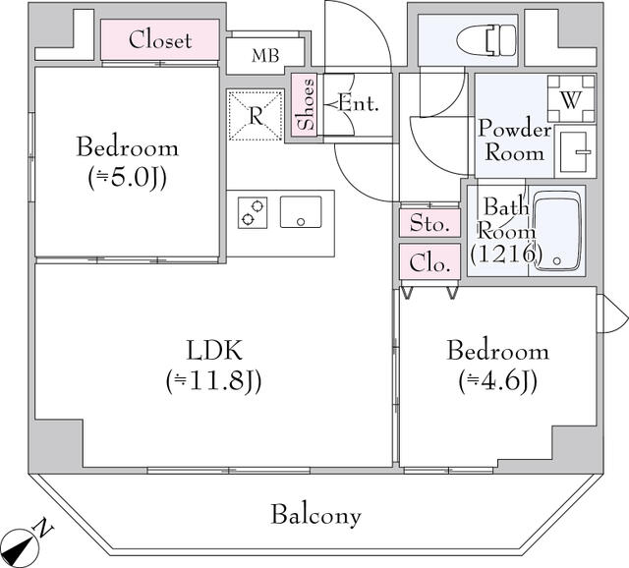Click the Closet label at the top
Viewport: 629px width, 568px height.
tap(160, 41)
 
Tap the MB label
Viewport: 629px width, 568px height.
tap(264, 56)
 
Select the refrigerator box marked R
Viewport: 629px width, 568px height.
tap(255, 115)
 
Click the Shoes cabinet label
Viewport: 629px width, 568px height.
tap(306, 105)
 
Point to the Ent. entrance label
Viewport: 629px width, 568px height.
tap(358, 102)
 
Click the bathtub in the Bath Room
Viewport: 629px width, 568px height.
tap(557, 233)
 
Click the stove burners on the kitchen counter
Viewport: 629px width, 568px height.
tap(253, 212)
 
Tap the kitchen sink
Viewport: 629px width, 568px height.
tap(302, 212)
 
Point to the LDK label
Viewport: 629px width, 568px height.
tap(214, 351)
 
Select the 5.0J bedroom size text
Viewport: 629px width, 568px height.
tap(128, 178)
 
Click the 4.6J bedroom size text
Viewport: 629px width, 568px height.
tap(497, 380)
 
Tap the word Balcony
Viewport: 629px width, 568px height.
tap(316, 514)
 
